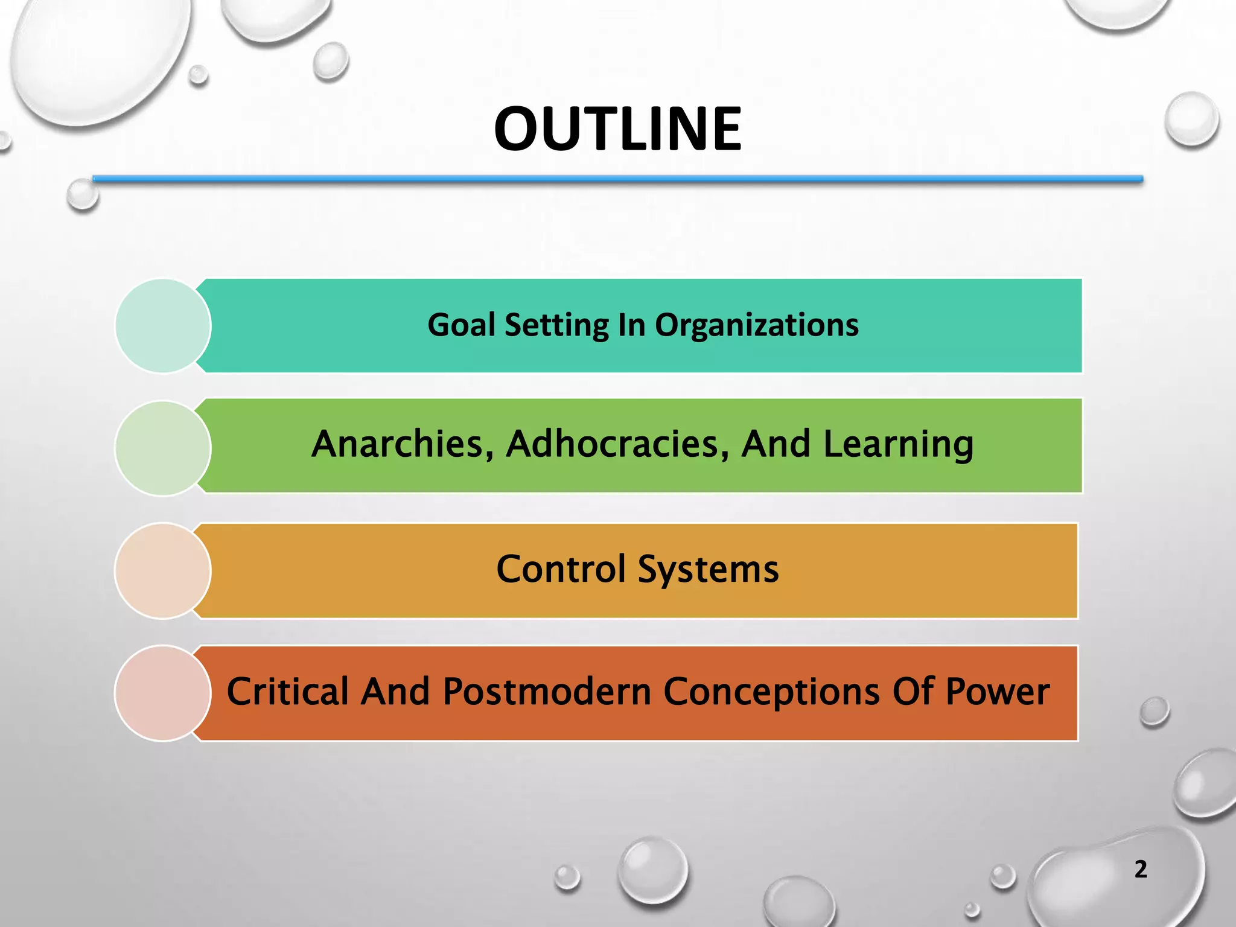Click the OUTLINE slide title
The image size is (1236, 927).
pyautogui.click(x=617, y=129)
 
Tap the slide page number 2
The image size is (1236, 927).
pyautogui.click(x=1140, y=869)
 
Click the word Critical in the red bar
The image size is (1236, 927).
pyautogui.click(x=287, y=692)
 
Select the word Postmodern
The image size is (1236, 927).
pyautogui.click(x=547, y=692)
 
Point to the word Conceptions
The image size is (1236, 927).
pyautogui.click(x=771, y=693)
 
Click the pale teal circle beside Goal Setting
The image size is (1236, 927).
pyautogui.click(x=162, y=326)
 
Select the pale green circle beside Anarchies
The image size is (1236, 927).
pyautogui.click(x=162, y=448)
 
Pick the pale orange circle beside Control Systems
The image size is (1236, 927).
pyautogui.click(x=162, y=571)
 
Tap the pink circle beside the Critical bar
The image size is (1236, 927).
pyautogui.click(x=162, y=693)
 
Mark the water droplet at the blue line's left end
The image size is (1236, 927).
pyautogui.click(x=82, y=195)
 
